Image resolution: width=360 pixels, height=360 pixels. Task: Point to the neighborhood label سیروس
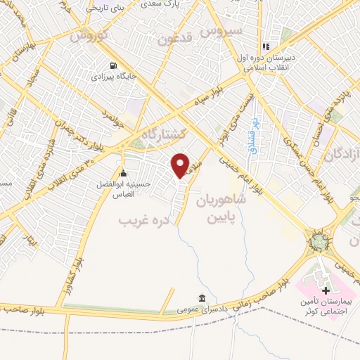point(221,31)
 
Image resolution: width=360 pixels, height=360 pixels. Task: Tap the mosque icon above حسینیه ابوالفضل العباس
point(124,174)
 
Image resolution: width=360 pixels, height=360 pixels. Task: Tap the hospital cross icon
point(326,290)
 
